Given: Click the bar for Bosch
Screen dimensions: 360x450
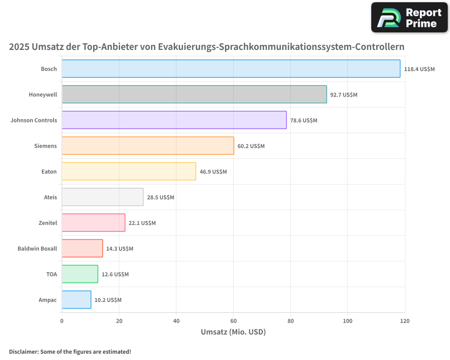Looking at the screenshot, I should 231,69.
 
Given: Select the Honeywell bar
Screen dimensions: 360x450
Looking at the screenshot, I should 194,94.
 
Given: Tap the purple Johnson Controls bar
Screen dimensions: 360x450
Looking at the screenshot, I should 174,120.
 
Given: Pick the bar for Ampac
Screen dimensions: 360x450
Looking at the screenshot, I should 76,300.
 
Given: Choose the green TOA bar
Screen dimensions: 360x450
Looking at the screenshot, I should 80,274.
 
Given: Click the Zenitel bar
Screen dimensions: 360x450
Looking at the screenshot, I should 93,223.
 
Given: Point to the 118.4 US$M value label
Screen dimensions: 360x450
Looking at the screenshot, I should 419,69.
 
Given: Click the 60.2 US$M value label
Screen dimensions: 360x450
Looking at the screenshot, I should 251,146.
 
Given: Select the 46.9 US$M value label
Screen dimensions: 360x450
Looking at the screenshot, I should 213,172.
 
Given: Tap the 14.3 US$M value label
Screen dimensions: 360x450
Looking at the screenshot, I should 120,249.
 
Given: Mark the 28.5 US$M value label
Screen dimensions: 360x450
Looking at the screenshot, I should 161,198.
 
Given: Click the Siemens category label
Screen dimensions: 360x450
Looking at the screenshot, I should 45,146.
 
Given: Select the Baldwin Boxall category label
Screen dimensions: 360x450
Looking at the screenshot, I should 37,248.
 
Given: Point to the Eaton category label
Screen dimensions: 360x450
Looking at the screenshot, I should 49,171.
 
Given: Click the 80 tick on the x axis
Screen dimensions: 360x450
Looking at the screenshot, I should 290,321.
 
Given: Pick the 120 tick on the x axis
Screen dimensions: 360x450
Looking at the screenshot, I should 405,321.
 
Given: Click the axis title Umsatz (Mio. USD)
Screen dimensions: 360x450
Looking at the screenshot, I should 233,332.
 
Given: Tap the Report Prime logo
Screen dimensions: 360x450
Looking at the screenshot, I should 409,18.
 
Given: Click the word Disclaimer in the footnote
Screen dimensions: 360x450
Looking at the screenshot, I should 23,352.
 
